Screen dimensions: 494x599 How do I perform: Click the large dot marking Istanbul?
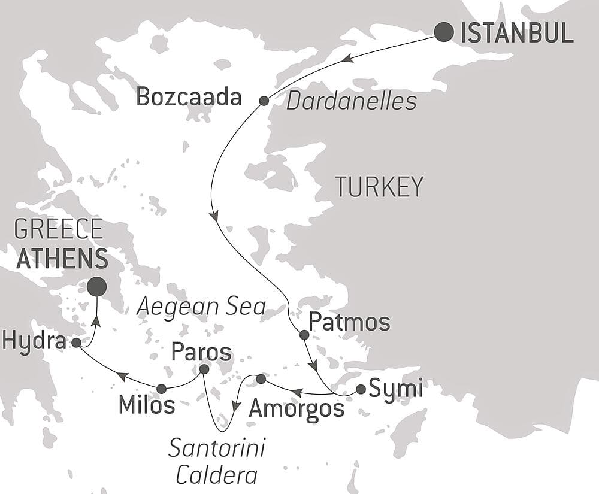pos(443,32)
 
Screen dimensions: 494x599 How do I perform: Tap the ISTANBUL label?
pos(517,34)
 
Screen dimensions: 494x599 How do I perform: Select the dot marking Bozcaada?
pos(264,101)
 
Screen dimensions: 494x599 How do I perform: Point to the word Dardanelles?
pos(351,101)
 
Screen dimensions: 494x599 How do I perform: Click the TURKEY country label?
pos(379,187)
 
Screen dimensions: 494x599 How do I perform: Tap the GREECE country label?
pos(58,230)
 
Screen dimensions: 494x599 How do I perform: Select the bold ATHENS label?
pos(62,259)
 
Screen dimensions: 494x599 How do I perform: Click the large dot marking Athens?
pos(96,287)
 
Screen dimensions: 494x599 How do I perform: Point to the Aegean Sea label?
pos(201,307)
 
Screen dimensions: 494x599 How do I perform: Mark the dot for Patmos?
pos(304,335)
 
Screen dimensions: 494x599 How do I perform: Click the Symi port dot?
pos(361,389)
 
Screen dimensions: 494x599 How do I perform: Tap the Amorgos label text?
pos(297,409)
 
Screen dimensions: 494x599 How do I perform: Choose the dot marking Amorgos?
pos(261,379)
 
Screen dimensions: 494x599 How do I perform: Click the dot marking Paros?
pos(204,369)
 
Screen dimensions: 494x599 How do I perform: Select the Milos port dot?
pos(161,389)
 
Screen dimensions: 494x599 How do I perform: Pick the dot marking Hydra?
pos(77,343)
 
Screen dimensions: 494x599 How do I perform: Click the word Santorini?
pos(217,448)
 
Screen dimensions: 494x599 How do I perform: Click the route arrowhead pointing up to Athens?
pos(96,322)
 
